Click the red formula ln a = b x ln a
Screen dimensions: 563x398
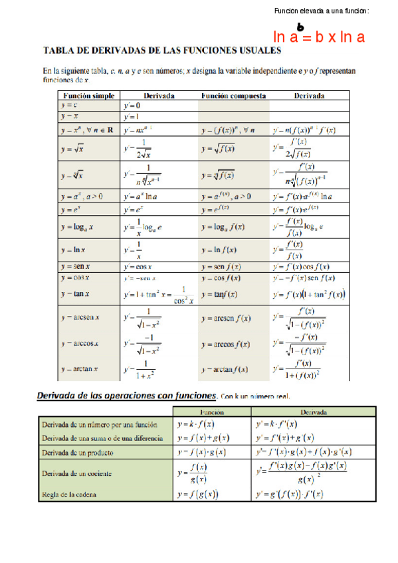click(x=319, y=37)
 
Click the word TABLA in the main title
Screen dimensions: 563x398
click(x=61, y=50)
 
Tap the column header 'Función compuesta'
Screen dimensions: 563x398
click(x=233, y=96)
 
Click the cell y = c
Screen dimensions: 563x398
click(x=68, y=106)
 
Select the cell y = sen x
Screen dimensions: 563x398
click(x=74, y=266)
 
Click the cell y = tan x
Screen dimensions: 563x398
click(x=74, y=293)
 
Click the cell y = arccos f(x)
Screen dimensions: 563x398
click(x=226, y=345)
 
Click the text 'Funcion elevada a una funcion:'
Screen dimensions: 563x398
click(x=322, y=11)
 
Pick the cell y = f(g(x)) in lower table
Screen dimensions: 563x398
click(x=198, y=494)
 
